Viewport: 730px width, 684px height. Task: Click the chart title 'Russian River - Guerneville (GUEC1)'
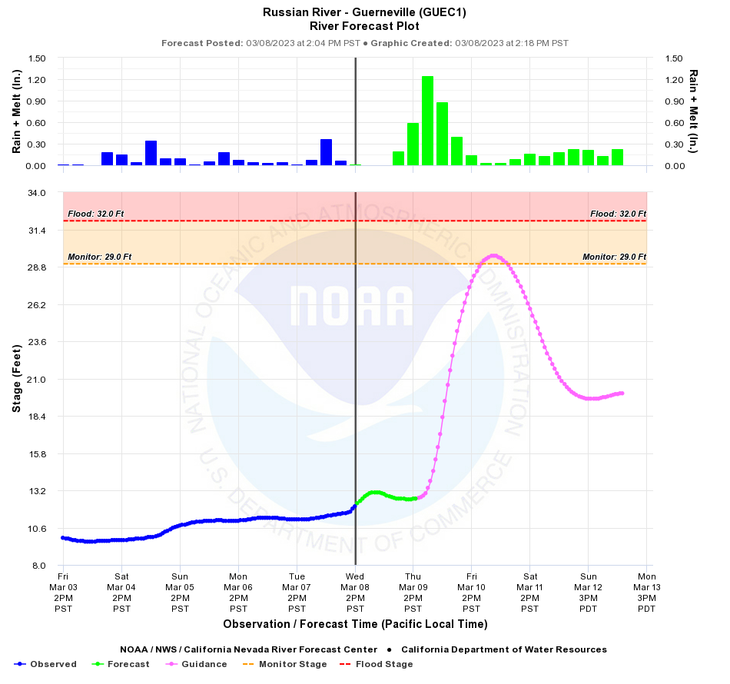(364, 12)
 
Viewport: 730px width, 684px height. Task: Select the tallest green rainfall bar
(427, 121)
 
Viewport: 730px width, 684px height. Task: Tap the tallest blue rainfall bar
(326, 152)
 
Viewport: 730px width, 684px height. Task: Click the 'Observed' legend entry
(46, 664)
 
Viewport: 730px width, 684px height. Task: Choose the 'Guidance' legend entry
(197, 664)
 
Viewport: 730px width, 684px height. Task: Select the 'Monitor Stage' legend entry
(284, 664)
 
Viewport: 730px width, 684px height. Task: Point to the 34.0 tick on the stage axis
(36, 192)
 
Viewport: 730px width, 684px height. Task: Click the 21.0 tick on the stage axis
(36, 379)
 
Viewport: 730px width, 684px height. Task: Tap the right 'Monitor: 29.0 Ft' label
(614, 257)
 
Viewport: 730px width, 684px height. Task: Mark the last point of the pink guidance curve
(622, 393)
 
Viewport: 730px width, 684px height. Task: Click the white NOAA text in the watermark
(351, 305)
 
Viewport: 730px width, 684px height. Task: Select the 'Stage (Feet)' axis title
(16, 379)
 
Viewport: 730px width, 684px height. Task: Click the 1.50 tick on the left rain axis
(36, 58)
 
